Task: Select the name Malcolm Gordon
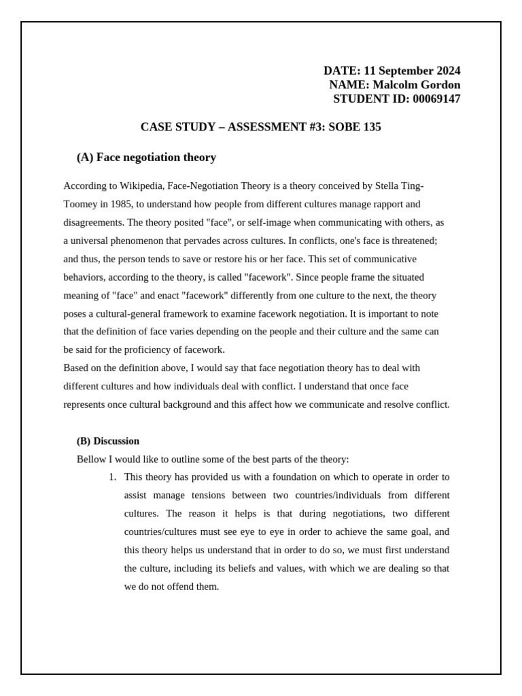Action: point(417,85)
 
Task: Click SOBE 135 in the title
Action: point(355,127)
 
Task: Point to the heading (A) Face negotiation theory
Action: point(146,158)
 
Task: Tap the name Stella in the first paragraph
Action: point(383,186)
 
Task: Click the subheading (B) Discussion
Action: point(108,441)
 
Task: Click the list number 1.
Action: point(112,477)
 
